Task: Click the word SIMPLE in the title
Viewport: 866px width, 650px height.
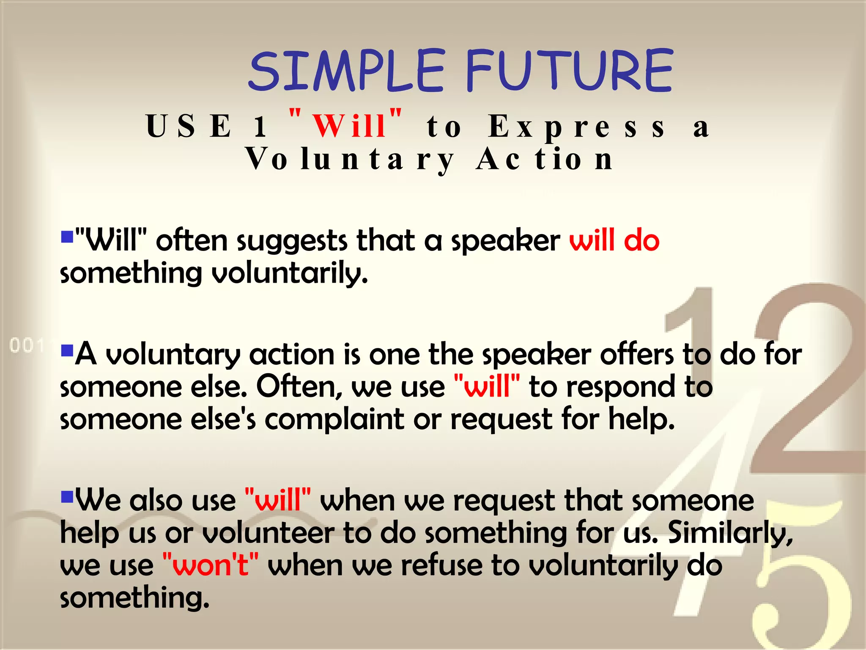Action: [346, 71]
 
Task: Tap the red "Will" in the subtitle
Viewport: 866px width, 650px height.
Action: [349, 126]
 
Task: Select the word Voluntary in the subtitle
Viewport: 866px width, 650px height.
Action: [350, 160]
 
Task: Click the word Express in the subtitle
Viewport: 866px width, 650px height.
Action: [577, 127]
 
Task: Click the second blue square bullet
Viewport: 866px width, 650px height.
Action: [67, 350]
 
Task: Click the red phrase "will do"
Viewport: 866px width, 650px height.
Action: [614, 241]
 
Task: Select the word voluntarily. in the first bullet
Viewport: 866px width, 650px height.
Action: [289, 274]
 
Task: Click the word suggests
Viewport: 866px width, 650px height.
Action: [292, 242]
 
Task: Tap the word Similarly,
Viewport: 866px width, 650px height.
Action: [730, 533]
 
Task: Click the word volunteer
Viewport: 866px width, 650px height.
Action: [268, 533]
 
